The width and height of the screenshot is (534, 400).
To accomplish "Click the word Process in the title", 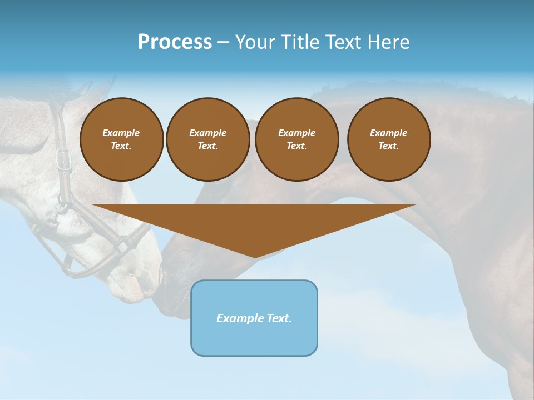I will (175, 42).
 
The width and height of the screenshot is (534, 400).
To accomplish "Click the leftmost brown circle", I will (121, 139).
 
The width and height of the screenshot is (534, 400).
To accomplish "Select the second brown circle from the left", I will (207, 139).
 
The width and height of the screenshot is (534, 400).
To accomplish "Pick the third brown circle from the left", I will (296, 139).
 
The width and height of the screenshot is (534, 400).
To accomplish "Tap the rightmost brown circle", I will (389, 139).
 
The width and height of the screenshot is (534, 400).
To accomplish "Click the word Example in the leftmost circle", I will (121, 133).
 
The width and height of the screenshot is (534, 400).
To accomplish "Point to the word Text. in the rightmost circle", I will (389, 146).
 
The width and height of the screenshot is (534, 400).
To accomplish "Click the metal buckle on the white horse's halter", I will (64, 158).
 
